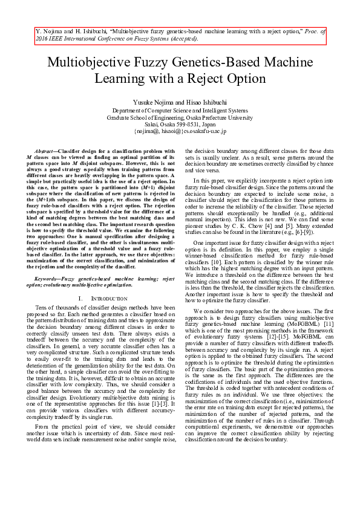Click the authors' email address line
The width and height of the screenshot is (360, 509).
point(180,131)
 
